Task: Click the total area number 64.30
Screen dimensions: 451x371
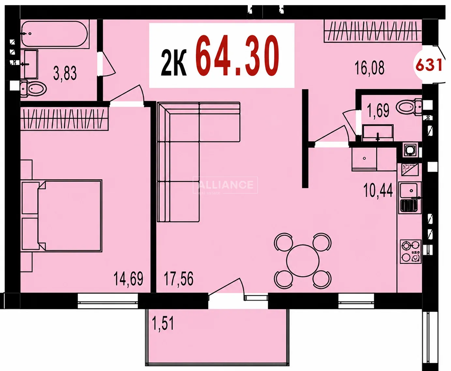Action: tap(237, 55)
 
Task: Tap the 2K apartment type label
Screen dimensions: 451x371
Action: tap(174, 62)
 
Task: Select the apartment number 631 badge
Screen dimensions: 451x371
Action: tap(429, 65)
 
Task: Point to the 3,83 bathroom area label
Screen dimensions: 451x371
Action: tap(65, 73)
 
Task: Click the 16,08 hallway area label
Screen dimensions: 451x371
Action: tap(369, 68)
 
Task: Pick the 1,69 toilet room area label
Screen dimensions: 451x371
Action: tap(378, 110)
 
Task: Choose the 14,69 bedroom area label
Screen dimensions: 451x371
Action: tap(128, 278)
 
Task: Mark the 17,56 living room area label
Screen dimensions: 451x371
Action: tap(179, 278)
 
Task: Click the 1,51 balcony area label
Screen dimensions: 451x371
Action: tap(163, 323)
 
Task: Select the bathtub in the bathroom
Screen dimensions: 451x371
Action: tap(55, 34)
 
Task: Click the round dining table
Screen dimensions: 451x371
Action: tap(303, 261)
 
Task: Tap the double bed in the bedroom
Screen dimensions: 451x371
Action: tap(69, 216)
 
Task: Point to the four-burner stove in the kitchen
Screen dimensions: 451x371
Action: tap(411, 251)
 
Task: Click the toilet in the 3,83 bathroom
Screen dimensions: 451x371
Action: tap(34, 88)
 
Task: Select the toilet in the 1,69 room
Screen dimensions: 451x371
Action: tap(409, 107)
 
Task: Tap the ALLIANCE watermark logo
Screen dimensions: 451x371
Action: tap(225, 185)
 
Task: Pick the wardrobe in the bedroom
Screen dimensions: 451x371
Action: tap(64, 119)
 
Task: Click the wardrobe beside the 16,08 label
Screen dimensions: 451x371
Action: tap(373, 31)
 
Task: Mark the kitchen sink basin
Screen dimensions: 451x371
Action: tap(409, 190)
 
